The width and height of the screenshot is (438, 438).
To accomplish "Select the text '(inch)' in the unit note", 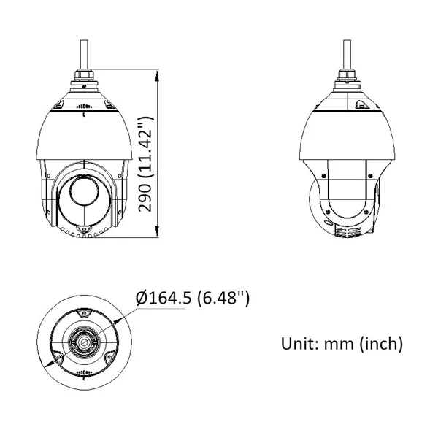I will click(x=383, y=343).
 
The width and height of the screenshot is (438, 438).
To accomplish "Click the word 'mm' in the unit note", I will click(x=341, y=343).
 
